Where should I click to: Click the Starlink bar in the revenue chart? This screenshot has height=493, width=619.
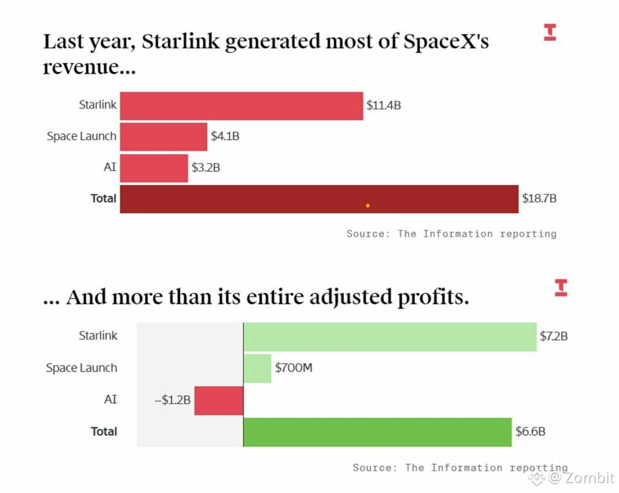241,105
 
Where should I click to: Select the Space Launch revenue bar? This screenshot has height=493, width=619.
163,137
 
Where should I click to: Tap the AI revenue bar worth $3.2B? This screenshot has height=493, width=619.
154,168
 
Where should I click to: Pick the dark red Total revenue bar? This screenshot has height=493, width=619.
319,199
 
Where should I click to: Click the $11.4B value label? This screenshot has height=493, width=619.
383,105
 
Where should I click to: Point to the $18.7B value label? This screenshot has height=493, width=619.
539,198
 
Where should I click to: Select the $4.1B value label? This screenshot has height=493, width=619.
225,137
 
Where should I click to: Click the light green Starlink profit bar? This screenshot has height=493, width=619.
390,336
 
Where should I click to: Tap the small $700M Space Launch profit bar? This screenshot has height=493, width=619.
258,368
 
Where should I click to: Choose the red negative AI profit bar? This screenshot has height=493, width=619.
219,400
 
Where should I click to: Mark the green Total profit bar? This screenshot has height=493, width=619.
377,431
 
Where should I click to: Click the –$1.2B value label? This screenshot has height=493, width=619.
173,400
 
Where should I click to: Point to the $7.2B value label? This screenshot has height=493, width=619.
554,336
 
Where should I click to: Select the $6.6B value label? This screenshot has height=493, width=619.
530,431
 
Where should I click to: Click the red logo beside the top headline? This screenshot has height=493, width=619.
550,32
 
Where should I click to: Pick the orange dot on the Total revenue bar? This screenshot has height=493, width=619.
367,205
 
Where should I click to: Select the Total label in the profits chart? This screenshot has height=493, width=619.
104,431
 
